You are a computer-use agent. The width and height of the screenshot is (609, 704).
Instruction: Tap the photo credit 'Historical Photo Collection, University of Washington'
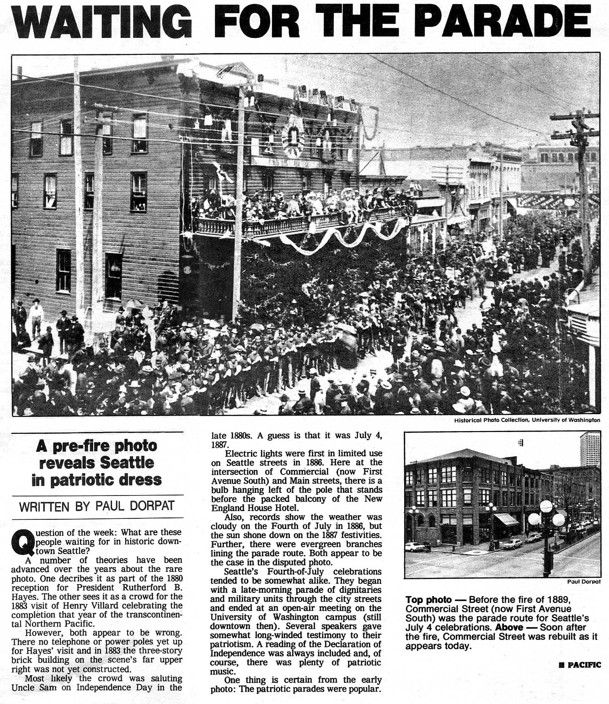(x=527, y=420)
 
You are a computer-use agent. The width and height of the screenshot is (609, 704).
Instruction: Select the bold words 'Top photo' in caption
(x=428, y=600)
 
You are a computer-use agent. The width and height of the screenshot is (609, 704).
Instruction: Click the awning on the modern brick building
(x=506, y=519)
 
